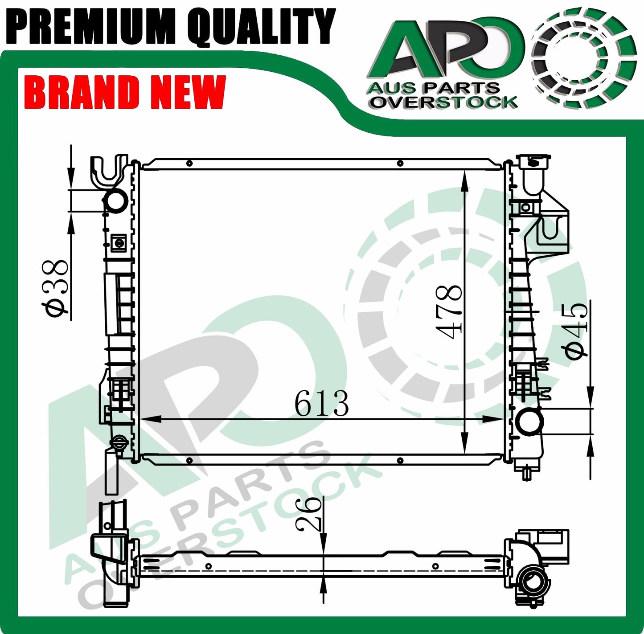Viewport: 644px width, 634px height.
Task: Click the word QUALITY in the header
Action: coord(261,27)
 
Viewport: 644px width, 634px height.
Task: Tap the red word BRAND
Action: coord(82,91)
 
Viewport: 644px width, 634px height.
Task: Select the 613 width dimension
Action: coord(321,403)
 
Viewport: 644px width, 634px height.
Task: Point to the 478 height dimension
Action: coord(448,312)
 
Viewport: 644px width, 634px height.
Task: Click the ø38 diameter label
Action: coord(55,287)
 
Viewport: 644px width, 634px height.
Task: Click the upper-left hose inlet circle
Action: coord(115,200)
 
